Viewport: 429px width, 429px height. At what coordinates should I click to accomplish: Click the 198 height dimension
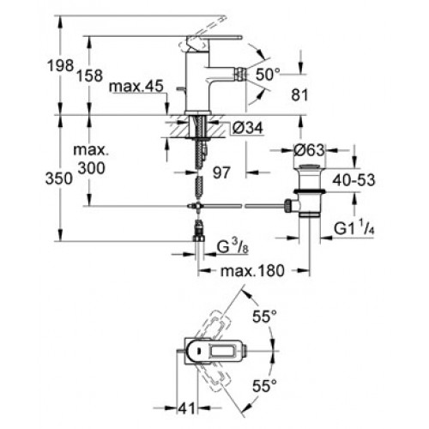tap(60, 65)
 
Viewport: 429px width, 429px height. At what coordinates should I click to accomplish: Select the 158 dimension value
tap(89, 76)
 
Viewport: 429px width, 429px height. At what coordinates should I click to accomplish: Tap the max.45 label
tap(136, 86)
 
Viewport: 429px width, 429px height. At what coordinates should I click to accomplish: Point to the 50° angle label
tap(268, 75)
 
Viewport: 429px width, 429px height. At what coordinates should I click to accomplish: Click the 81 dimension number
tap(299, 94)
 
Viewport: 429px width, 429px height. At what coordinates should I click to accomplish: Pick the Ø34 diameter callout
tap(248, 128)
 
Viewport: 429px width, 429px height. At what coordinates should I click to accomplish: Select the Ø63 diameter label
tap(310, 149)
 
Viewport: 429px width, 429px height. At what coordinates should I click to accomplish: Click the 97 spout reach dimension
tap(221, 172)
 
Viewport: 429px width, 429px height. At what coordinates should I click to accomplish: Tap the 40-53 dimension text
tap(353, 180)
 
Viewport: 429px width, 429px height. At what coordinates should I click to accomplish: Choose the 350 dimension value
tap(59, 178)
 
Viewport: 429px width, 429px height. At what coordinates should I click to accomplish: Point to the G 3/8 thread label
tap(233, 246)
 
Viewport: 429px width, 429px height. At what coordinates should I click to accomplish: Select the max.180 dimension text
tap(252, 270)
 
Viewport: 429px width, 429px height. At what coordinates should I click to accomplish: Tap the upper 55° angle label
tap(264, 317)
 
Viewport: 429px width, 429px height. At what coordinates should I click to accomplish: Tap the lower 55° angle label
tap(264, 386)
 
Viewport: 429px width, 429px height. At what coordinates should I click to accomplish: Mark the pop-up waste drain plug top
tap(310, 166)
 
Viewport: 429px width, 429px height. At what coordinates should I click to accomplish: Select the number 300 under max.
tap(92, 168)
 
